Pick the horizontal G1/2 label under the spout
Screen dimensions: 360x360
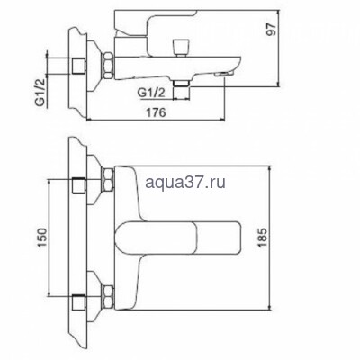pos(152,92)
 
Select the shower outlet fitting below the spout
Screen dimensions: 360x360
pos(184,85)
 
